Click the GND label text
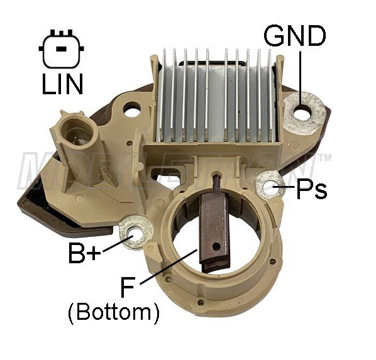pos(295,36)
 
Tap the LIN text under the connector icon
pos(62,84)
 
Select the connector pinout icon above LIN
pos(62,48)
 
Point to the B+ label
pos(84,253)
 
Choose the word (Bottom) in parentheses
pos(114,313)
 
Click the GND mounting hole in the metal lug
pos(302,112)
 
